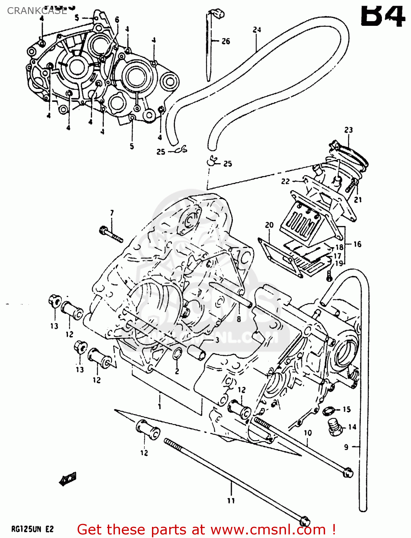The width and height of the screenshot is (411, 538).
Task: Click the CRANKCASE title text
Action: click(37, 11)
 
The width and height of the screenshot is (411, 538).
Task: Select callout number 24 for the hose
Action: click(257, 30)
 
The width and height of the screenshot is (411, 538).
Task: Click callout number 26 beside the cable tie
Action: click(226, 41)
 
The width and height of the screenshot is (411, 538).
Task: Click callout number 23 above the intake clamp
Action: click(348, 130)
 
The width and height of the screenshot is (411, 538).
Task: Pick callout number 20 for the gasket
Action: click(269, 225)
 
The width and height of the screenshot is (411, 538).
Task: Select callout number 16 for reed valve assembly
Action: click(357, 244)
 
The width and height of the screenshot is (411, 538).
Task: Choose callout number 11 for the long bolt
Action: click(231, 501)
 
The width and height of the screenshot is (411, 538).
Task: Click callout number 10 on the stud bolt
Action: click(308, 433)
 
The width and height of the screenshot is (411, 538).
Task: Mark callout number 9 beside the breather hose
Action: click(346, 447)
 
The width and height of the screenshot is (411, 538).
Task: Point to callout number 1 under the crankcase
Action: click(159, 406)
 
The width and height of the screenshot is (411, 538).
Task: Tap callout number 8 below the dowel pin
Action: click(239, 318)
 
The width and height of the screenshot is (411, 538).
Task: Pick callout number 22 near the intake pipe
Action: click(285, 181)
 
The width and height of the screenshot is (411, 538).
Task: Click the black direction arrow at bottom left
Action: click(68, 478)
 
